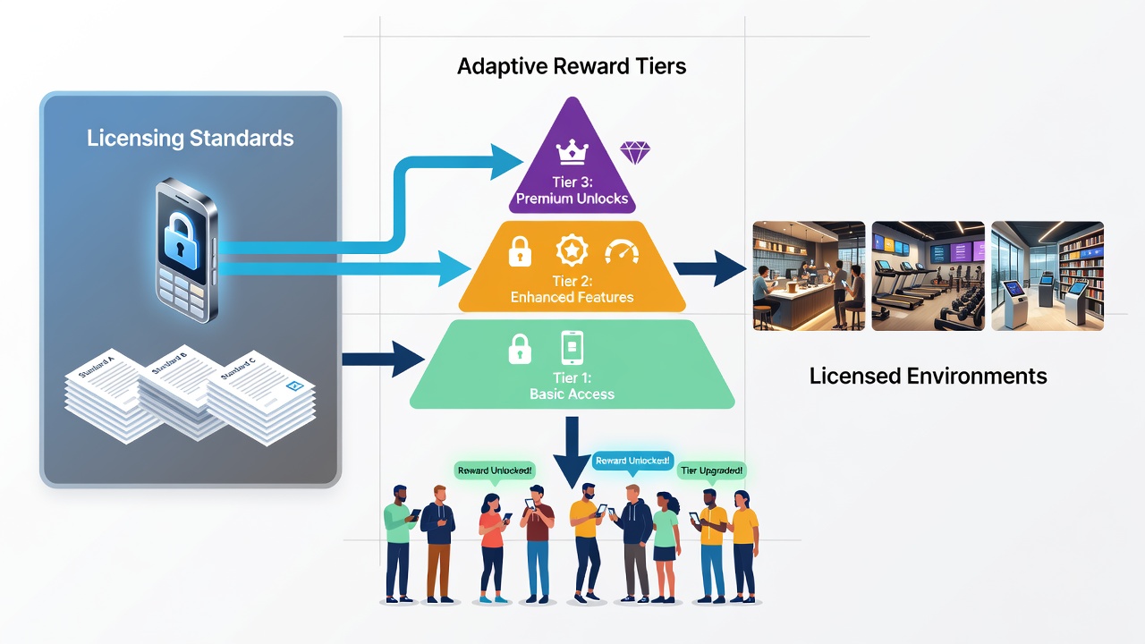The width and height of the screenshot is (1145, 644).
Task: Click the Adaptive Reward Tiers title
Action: point(572,66)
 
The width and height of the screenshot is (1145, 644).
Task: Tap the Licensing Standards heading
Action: point(191,138)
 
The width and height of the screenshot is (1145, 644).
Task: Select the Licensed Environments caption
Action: point(928,377)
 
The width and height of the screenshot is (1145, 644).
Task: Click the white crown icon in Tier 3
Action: point(572,152)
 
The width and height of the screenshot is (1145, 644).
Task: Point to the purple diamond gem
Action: point(635,152)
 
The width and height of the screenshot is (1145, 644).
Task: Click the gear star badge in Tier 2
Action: point(572,250)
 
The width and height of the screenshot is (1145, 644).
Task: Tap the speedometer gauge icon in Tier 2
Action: point(622,252)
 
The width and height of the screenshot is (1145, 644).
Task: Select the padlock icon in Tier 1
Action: point(520,349)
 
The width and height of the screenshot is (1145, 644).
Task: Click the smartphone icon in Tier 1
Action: point(572,348)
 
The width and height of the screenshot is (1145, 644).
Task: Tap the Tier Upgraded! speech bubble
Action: point(711,470)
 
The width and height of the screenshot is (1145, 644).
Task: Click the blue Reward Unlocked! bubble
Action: point(632,462)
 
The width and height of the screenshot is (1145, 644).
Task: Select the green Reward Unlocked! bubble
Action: point(495,470)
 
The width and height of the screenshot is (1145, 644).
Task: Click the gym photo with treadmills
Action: point(928,276)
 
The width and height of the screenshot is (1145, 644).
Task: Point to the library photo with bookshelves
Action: point(1047,276)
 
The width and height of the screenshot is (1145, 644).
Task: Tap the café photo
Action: point(809,276)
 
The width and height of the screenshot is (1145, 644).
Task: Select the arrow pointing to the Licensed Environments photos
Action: point(710,268)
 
